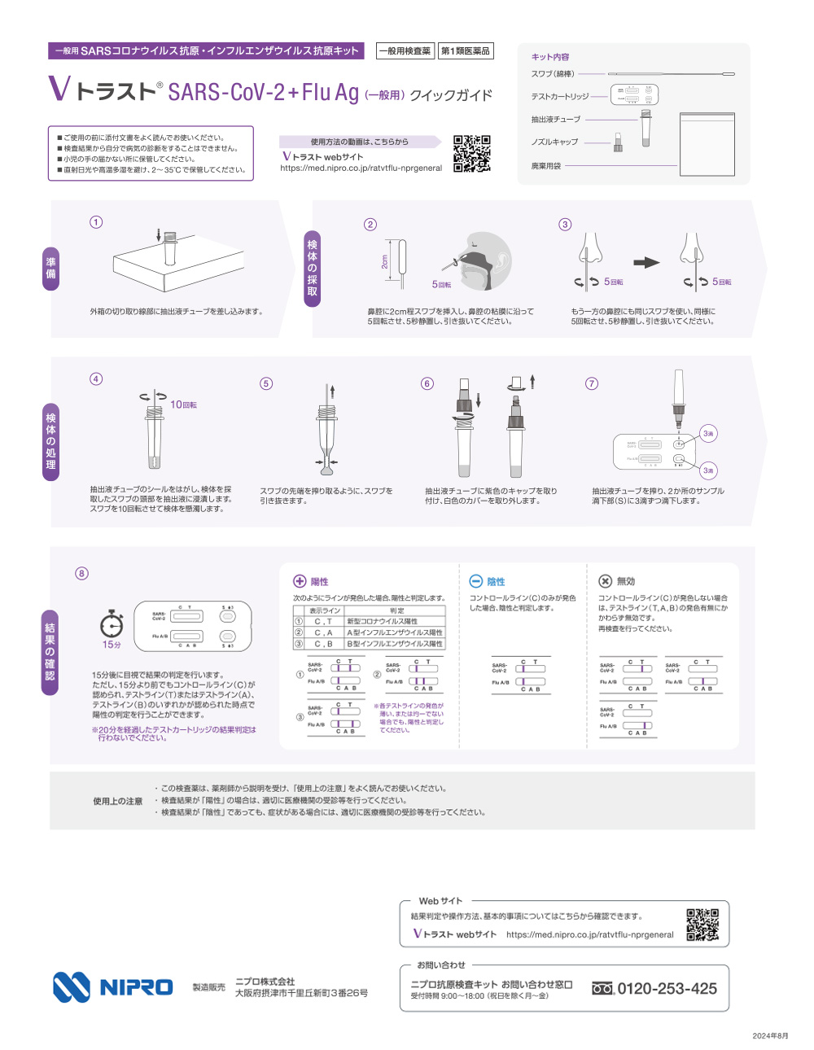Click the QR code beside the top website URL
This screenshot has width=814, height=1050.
[471, 153]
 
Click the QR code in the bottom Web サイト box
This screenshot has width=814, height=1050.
[702, 924]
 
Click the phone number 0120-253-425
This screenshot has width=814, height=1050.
[667, 988]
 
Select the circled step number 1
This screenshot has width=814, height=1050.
[96, 222]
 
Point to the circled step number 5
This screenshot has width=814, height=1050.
[266, 383]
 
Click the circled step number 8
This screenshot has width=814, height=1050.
[81, 573]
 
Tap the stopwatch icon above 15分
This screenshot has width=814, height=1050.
[112, 624]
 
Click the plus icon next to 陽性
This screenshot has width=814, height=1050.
[300, 581]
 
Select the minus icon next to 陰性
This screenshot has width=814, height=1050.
[476, 581]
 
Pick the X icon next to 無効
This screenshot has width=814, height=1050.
[605, 581]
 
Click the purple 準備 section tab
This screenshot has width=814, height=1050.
[50, 268]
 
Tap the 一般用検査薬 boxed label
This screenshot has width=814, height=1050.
[405, 51]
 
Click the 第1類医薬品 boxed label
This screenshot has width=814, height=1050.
[466, 51]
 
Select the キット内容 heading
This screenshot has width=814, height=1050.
[550, 57]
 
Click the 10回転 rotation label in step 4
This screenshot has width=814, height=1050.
[183, 405]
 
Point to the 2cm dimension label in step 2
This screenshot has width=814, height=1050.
[385, 261]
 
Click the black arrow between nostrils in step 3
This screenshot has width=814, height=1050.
[646, 262]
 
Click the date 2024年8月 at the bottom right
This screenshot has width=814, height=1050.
[770, 1035]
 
